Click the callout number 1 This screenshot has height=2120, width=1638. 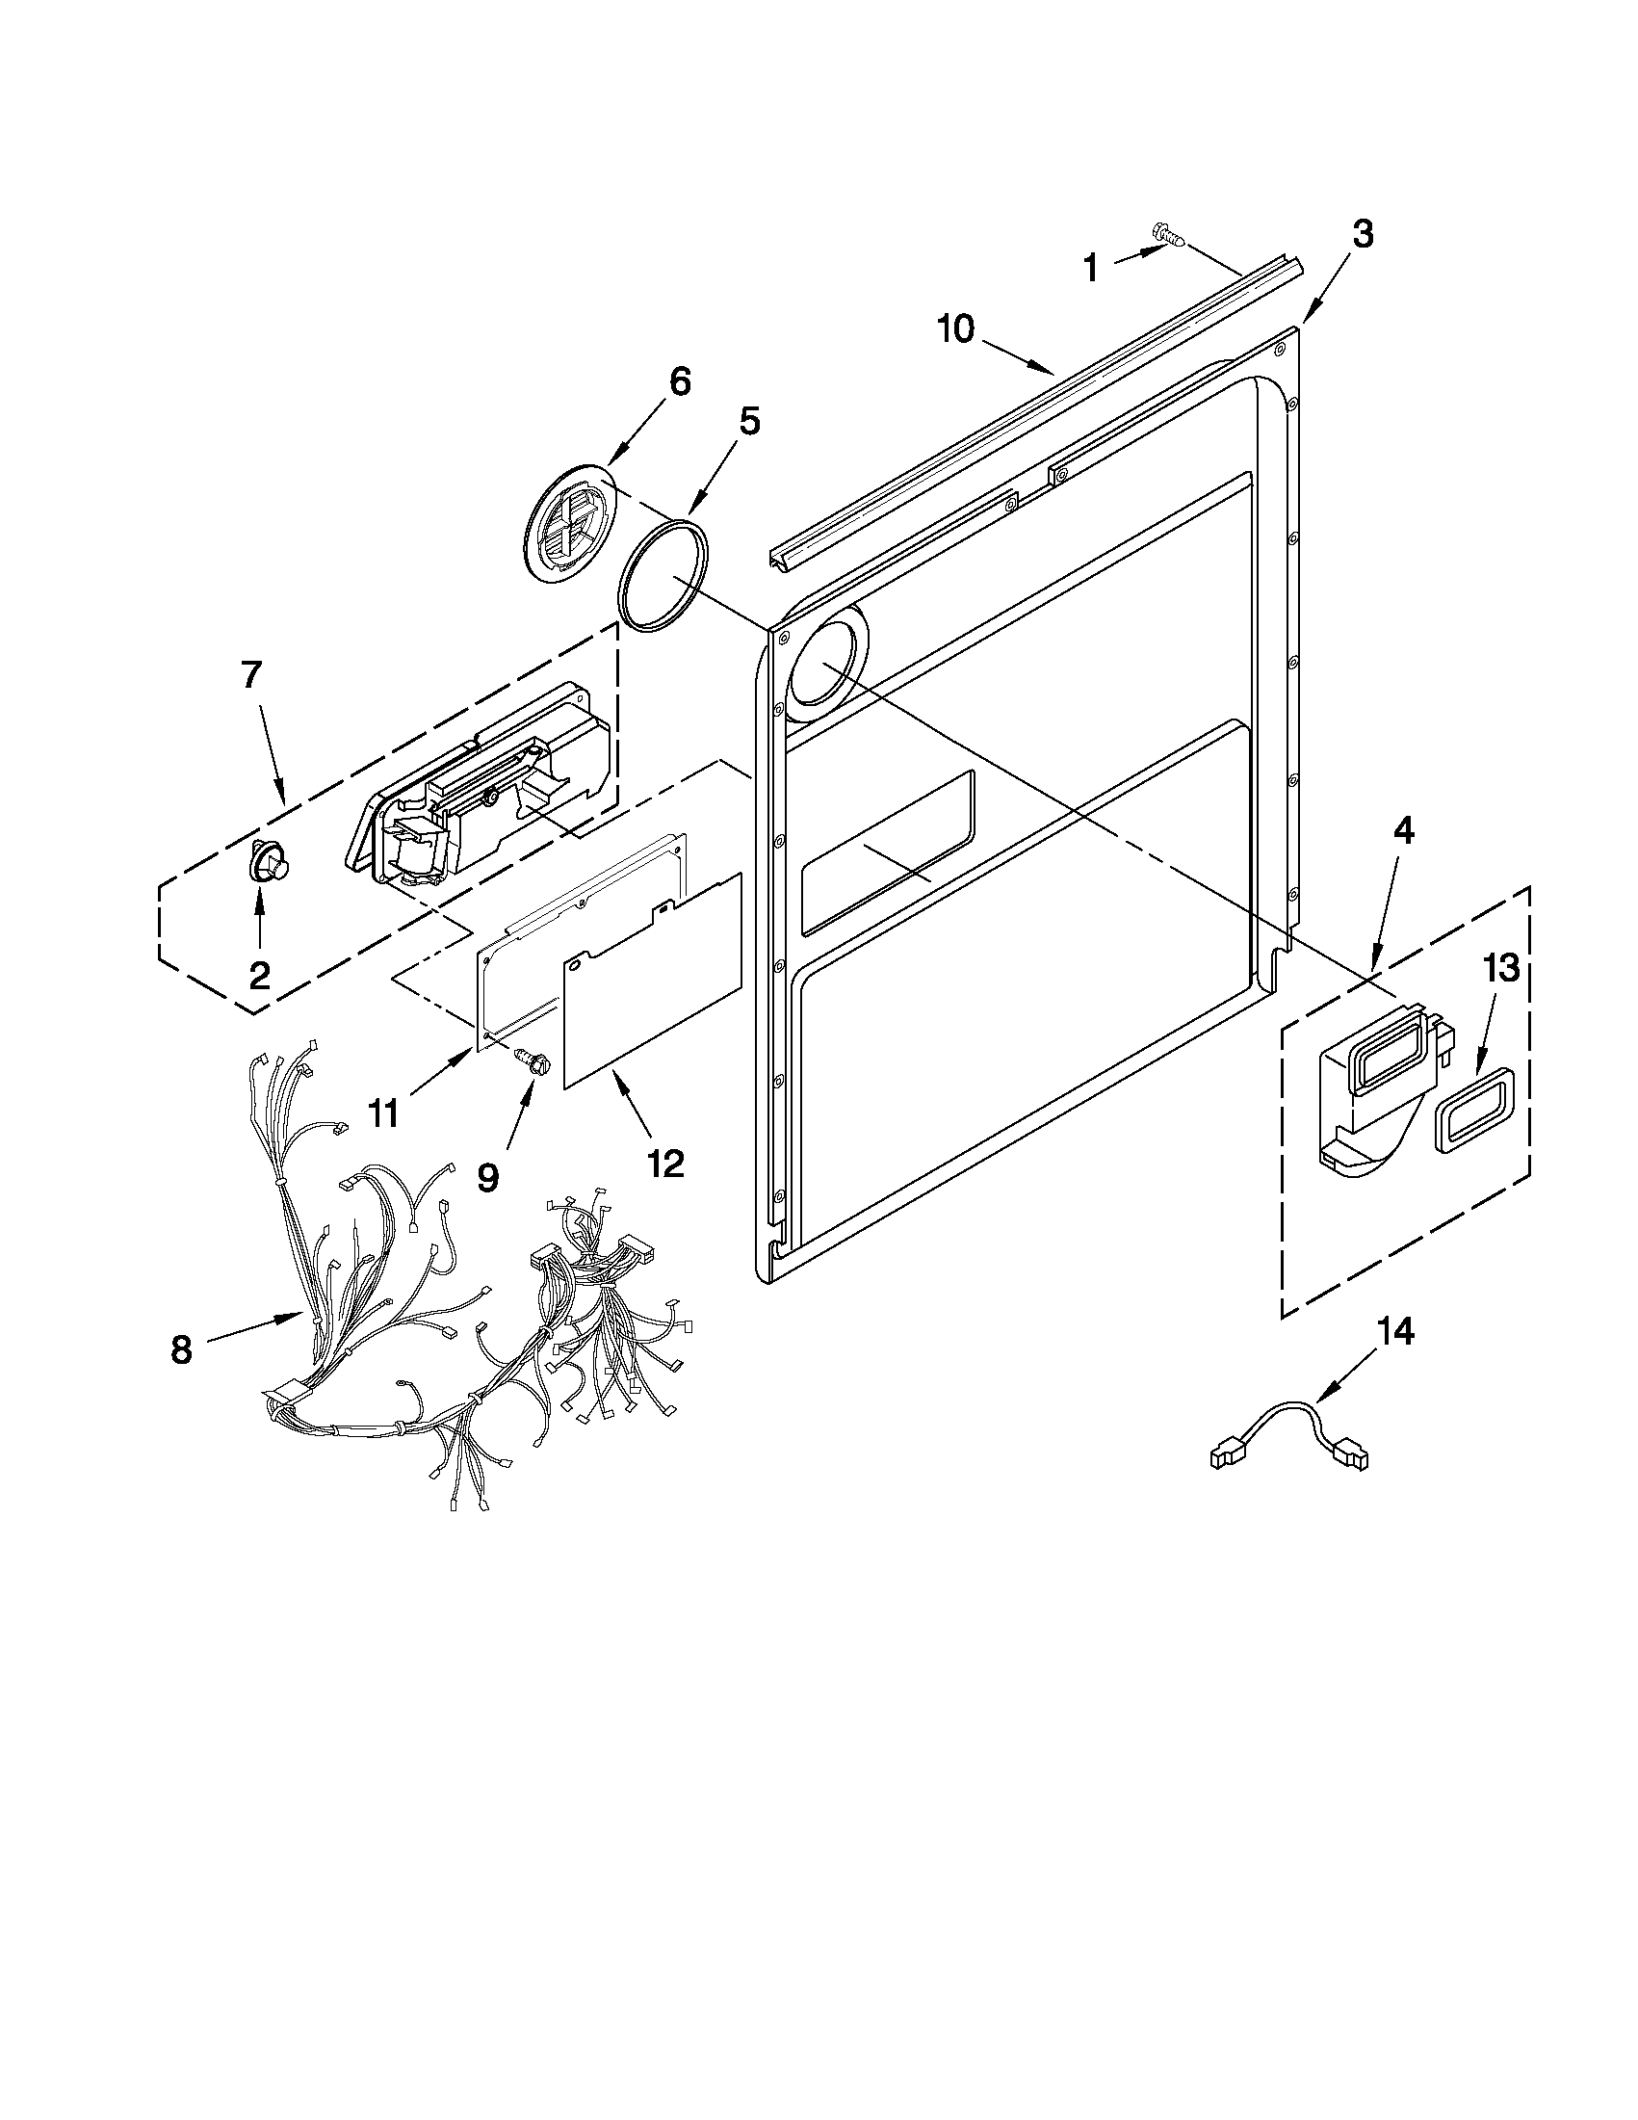click(1090, 268)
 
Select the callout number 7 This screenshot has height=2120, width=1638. click(250, 674)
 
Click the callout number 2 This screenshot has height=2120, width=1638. click(259, 975)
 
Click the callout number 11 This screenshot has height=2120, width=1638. click(383, 1113)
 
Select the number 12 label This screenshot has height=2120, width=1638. click(666, 1162)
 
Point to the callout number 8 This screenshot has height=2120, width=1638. click(180, 1350)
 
